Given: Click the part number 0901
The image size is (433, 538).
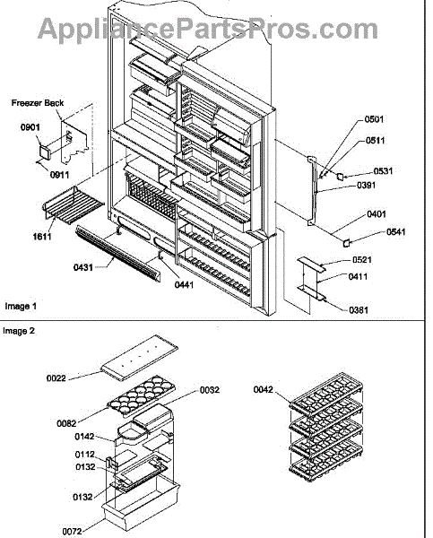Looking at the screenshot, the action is click(30, 127).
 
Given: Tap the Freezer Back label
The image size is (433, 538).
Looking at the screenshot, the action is click(38, 103).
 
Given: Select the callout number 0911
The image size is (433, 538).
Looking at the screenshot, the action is click(60, 175).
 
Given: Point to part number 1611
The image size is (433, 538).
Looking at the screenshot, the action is click(42, 237).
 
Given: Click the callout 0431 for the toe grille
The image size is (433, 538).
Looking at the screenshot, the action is click(83, 267).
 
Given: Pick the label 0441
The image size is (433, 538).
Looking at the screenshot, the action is click(184, 284).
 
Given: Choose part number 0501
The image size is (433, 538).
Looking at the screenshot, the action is click(374, 119).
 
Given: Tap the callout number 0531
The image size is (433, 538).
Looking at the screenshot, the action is click(383, 171).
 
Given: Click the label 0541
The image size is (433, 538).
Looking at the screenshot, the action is click(396, 231).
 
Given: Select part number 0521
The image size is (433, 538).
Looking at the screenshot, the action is click(362, 260).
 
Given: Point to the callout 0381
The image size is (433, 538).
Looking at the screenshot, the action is click(359, 310).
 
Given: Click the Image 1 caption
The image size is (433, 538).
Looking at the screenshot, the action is click(21, 306).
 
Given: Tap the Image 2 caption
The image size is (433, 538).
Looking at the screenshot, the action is click(19, 331).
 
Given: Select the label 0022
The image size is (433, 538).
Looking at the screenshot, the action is click(56, 378).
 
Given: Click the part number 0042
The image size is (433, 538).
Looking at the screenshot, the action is click(264, 389).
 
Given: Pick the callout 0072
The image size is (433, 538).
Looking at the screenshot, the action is click(72, 531).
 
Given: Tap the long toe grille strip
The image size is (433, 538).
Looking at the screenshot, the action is click(118, 254).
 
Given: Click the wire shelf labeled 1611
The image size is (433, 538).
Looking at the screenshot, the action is click(73, 206).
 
